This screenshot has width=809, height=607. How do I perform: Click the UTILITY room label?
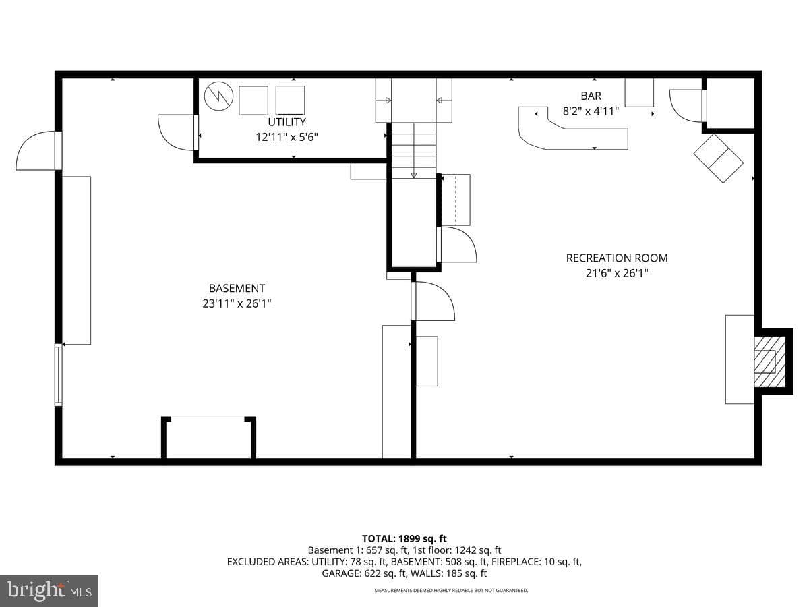point(287,122)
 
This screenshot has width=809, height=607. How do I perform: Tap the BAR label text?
point(591,96)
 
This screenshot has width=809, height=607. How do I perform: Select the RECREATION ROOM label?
point(617,258)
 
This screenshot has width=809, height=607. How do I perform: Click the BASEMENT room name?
point(237,288)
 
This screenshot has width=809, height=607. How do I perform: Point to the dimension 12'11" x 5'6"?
point(287,138)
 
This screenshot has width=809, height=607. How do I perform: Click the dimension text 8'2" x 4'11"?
point(591,111)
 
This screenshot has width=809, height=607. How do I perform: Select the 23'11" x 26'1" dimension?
point(237,303)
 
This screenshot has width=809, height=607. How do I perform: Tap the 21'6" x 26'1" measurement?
point(617,273)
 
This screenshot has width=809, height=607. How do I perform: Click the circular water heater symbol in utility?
point(218,96)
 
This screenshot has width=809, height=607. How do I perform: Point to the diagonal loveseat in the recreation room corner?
point(719,158)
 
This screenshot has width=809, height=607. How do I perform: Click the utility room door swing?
point(176,133)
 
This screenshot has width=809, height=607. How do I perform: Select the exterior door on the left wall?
point(37,150)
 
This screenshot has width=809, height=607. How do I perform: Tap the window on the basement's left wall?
point(58,375)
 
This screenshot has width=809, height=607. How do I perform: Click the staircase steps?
point(413,150)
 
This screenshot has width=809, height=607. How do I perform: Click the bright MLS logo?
point(49,591)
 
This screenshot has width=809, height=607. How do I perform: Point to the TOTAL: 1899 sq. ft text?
point(404,538)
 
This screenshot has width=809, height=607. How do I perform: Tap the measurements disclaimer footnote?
point(451,590)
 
